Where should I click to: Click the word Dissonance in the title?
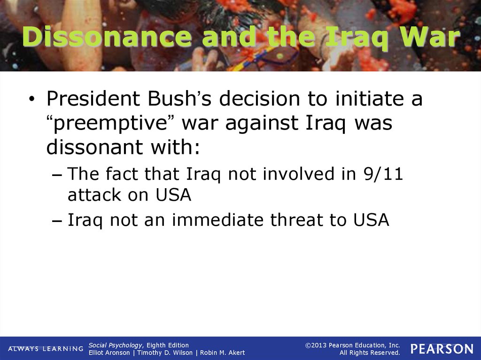[107, 37]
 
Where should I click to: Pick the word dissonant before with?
[94, 147]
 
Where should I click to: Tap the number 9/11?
[383, 174]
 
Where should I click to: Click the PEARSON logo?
[442, 349]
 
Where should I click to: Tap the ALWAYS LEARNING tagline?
[46, 349]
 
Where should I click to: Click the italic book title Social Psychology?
[116, 345]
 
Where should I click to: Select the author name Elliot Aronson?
[109, 353]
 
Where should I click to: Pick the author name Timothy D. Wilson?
[165, 353]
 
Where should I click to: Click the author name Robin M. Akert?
[222, 353]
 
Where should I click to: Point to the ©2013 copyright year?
[316, 345]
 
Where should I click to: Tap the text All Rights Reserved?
[370, 353]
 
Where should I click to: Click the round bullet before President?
[31, 99]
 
